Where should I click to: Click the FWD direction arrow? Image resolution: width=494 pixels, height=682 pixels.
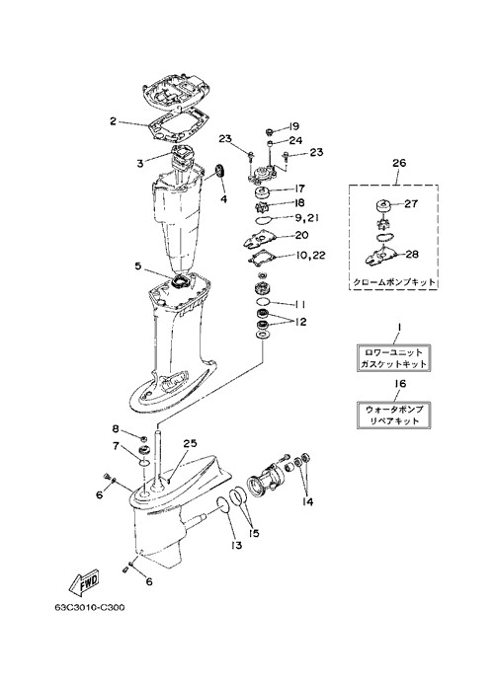click(x=85, y=583)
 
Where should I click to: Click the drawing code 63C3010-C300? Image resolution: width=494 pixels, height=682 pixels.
click(x=90, y=607)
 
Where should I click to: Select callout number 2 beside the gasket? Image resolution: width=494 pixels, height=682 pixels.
click(x=114, y=121)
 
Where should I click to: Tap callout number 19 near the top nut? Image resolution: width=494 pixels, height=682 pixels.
click(x=293, y=126)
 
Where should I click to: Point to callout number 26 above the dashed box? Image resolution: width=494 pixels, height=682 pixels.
click(x=399, y=163)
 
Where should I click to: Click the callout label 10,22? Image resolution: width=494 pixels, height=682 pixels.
click(x=310, y=255)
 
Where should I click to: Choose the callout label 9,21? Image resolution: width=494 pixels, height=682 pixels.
click(x=306, y=217)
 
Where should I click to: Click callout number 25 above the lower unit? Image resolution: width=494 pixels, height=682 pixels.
click(x=190, y=444)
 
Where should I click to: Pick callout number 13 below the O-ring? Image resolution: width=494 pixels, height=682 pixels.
click(x=236, y=544)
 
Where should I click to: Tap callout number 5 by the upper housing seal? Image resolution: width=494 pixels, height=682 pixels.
click(x=138, y=265)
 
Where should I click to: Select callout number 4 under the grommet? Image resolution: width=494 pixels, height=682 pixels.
click(x=223, y=199)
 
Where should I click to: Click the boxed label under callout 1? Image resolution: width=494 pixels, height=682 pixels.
click(x=393, y=358)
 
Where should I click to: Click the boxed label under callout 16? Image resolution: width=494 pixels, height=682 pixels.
click(x=393, y=416)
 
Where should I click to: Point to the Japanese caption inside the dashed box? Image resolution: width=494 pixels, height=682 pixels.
click(x=394, y=282)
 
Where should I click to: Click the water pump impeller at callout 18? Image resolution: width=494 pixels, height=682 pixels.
click(x=263, y=205)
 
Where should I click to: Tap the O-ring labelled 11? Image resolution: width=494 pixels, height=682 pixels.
click(x=263, y=301)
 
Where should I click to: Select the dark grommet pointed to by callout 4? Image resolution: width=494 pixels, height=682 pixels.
click(x=220, y=170)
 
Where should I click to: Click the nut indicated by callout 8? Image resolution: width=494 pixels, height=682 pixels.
click(x=142, y=438)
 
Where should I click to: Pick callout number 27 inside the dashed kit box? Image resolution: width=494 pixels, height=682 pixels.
click(x=411, y=203)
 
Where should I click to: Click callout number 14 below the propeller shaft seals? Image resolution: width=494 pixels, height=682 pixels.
click(x=307, y=502)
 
